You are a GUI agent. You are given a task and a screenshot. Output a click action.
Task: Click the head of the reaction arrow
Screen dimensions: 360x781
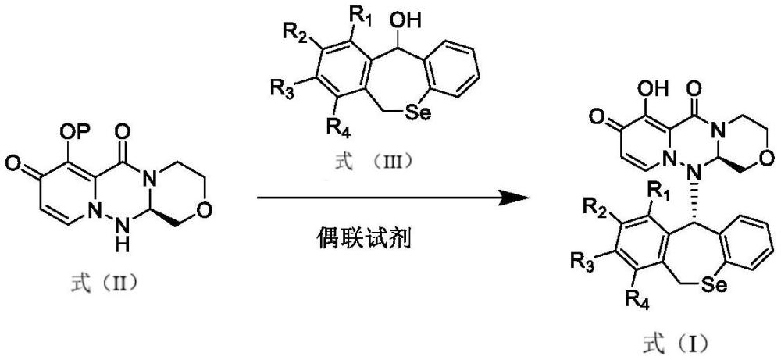(x=512, y=198)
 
